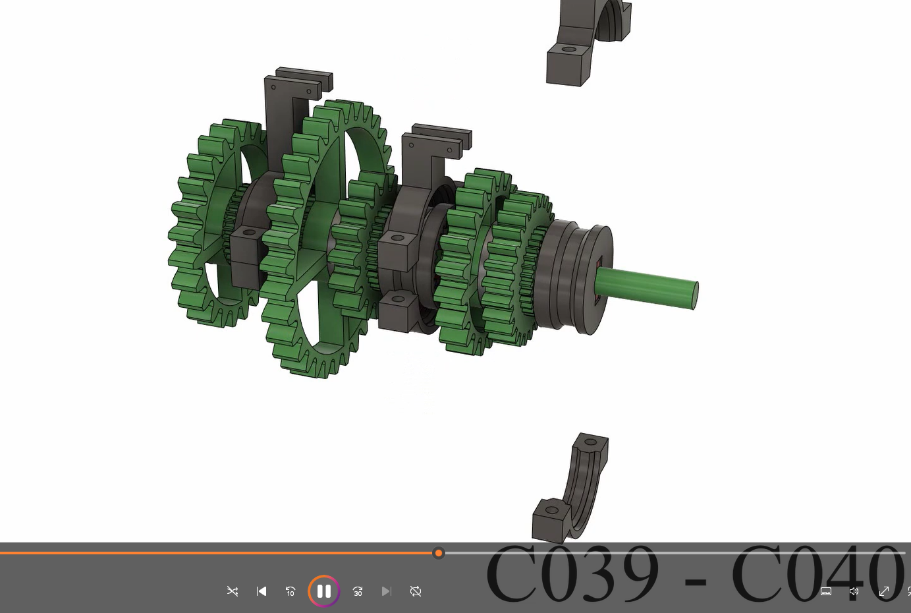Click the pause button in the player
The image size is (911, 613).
click(323, 591)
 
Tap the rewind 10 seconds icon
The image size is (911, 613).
click(290, 591)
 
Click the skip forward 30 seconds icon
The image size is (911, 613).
click(358, 591)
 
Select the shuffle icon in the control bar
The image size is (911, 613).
click(233, 591)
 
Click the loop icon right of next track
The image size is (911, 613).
click(416, 591)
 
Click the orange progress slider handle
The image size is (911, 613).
click(439, 553)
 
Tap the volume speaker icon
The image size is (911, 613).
click(854, 591)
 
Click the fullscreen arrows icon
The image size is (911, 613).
click(884, 591)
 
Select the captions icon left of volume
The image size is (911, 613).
click(826, 591)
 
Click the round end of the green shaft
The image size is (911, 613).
click(694, 295)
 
